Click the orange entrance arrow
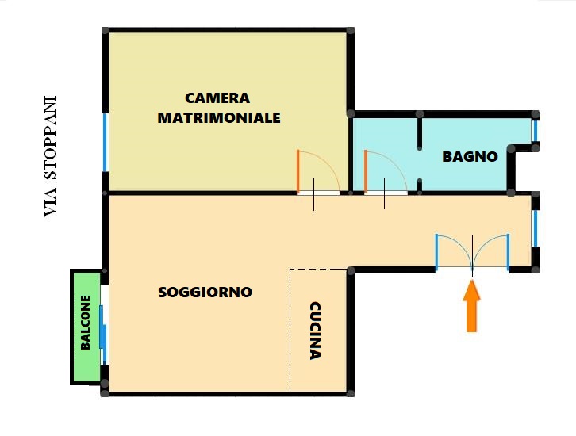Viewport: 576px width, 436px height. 472,306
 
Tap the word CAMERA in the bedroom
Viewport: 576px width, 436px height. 217,98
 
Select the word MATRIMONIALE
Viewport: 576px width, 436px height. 219,118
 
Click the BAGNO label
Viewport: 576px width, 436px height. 470,157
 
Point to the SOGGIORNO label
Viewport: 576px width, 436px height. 205,293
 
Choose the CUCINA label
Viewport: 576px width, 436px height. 315,331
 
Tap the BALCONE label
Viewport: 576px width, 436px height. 85,323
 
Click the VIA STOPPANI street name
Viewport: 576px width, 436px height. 50,156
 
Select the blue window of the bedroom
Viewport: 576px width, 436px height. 106,143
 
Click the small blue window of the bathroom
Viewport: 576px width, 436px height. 536,131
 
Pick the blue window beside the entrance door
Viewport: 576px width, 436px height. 536,228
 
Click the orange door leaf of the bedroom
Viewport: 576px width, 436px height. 298,171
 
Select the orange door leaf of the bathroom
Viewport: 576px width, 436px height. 366,171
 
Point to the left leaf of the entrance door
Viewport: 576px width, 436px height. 437,252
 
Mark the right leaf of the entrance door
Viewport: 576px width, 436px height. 508,252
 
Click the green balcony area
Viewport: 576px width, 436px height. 86,327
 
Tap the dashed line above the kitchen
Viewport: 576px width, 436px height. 318,270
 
